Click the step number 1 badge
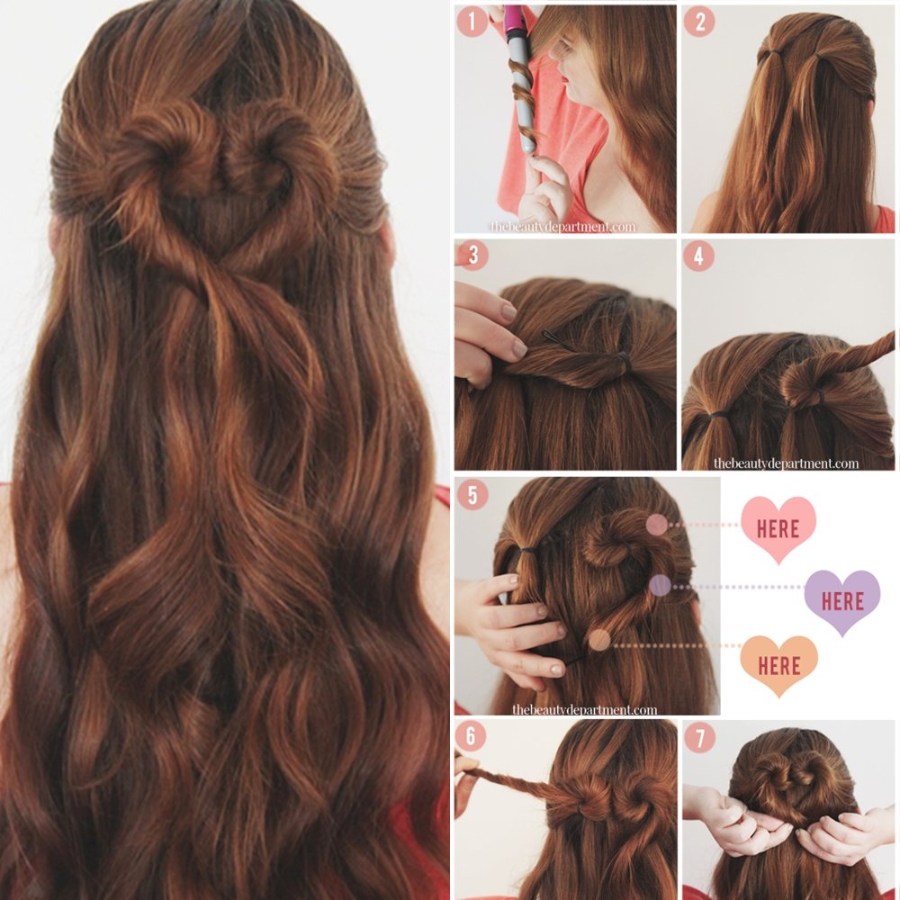pos(471,22)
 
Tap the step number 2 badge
pos(698,22)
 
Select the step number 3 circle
pos(471,255)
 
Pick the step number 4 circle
pos(698,256)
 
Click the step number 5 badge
pos(471,494)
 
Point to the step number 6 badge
pos(471,736)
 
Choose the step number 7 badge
pos(698,736)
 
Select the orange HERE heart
pos(778,666)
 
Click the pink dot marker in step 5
pos(657,525)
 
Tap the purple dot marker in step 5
pos(660,586)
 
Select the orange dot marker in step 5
pos(598,641)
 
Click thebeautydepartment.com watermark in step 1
pos(562,227)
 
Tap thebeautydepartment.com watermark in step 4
pos(786,463)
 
